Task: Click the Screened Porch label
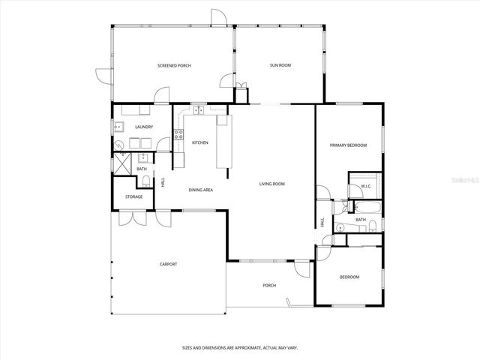coord(174,66)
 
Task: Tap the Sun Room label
coord(280,66)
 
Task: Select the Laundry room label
coord(144,127)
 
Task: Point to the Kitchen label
coord(199,142)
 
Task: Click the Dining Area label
coord(200,190)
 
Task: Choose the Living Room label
coord(271,184)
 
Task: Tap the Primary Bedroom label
coord(349,145)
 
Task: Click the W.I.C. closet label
coord(366,186)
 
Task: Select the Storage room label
coord(133,197)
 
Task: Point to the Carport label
coord(168,264)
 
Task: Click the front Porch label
coord(268,286)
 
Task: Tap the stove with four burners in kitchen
coord(178,136)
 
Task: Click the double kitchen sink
coord(199,112)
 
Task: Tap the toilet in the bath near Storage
coord(144,182)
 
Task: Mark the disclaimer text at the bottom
coord(239,348)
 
